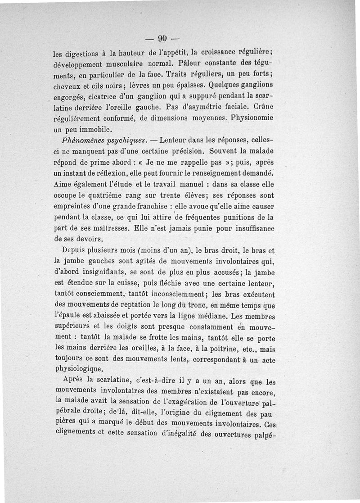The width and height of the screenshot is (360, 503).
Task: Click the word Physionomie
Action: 256,118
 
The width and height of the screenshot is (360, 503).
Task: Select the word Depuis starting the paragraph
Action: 75,250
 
